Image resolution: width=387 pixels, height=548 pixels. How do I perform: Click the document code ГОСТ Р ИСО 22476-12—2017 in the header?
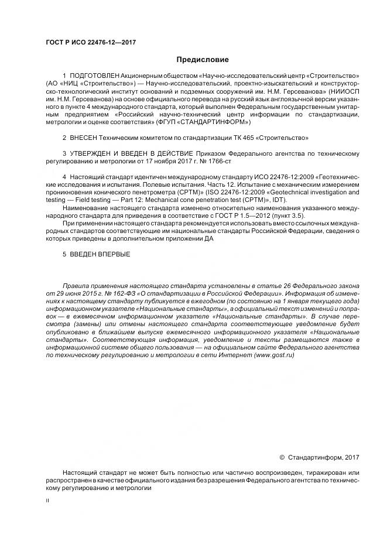tap(88, 43)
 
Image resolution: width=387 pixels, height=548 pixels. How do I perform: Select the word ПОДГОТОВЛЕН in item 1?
tap(94, 77)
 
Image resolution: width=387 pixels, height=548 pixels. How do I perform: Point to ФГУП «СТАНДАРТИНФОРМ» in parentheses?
tap(203, 122)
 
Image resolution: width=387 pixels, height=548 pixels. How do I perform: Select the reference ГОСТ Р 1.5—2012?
tap(228, 215)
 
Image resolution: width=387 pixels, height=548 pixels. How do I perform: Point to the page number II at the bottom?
tap(48, 501)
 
